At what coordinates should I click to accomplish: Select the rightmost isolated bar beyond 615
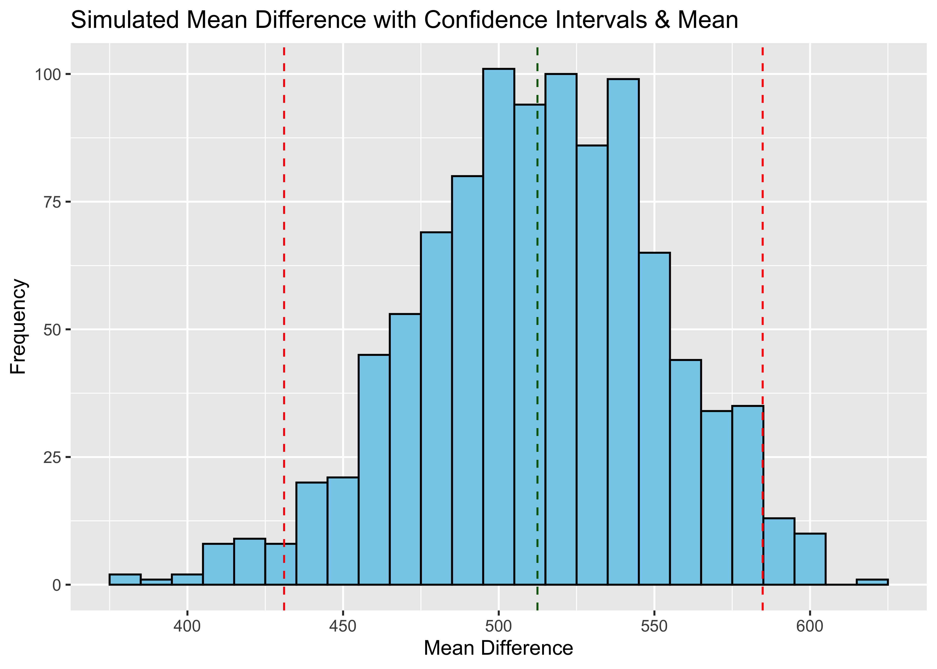coord(872,582)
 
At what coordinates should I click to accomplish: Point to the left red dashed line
coord(284,288)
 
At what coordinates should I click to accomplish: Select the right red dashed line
coord(762,247)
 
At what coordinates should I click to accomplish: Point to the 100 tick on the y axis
coord(47,74)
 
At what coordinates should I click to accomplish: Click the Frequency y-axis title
coord(19,326)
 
